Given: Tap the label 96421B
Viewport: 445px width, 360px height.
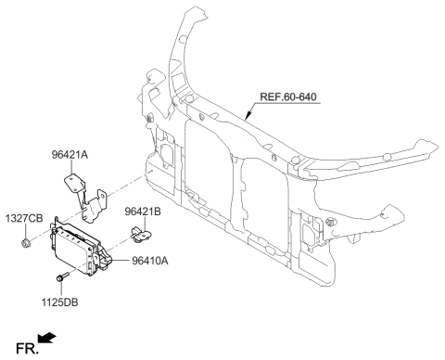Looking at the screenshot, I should pos(144,212).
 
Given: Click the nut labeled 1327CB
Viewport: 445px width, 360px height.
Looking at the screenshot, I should pos(24,244).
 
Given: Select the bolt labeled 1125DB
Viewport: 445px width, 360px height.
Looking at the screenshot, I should pos(62,277).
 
